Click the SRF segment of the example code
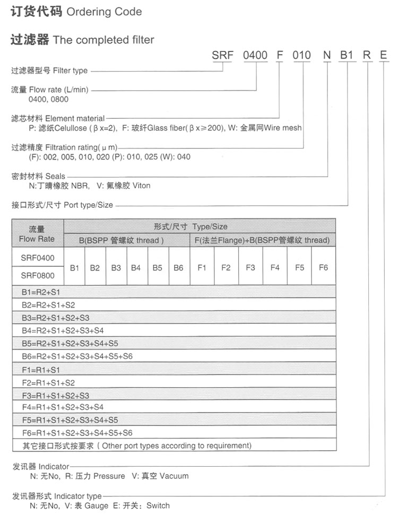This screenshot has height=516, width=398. (222, 54)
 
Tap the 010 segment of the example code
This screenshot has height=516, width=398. (302, 54)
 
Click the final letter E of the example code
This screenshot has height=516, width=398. (383, 54)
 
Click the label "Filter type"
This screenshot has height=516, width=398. (70, 71)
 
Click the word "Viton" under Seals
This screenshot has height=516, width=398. (140, 186)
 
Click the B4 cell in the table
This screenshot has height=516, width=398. (135, 268)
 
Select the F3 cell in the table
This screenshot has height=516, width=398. (250, 268)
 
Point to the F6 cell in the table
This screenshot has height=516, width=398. (323, 268)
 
